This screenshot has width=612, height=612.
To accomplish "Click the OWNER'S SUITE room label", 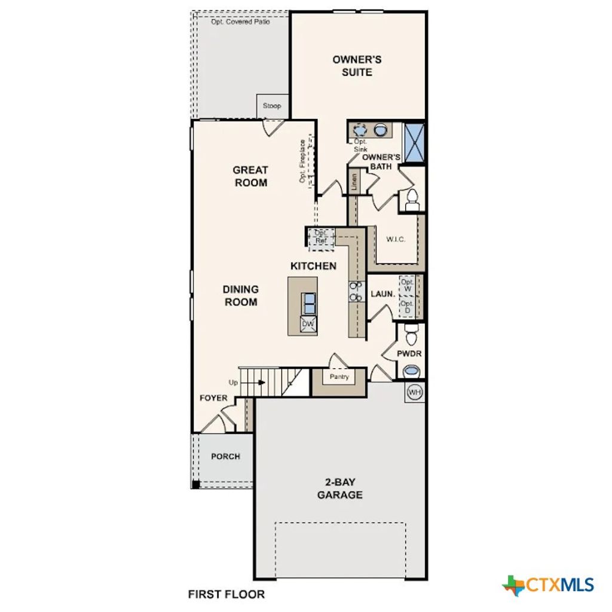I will point(357,66).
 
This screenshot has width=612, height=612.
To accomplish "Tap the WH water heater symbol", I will point(415,392).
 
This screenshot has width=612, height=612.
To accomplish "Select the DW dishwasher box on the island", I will point(308,324).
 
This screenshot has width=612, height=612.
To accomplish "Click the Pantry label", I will point(339,377).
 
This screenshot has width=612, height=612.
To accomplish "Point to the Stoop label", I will point(272,106).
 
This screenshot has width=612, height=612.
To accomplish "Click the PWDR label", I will point(409,354).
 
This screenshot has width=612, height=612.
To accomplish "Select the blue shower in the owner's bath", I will point(414,142).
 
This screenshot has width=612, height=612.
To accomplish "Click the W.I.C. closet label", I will point(396,239).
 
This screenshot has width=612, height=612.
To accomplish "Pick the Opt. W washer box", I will point(407,285).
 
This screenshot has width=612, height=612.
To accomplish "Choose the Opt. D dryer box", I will point(407,307).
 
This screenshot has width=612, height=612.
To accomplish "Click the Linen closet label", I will point(354,182).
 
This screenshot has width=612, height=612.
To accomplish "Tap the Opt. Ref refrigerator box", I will point(321,237).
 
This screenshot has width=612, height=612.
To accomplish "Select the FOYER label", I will point(213,397).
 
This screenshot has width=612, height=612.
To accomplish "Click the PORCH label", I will point(225,457).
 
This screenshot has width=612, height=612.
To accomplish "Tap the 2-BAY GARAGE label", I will point(339,488).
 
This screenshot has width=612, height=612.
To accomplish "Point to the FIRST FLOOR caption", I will point(226,595).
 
